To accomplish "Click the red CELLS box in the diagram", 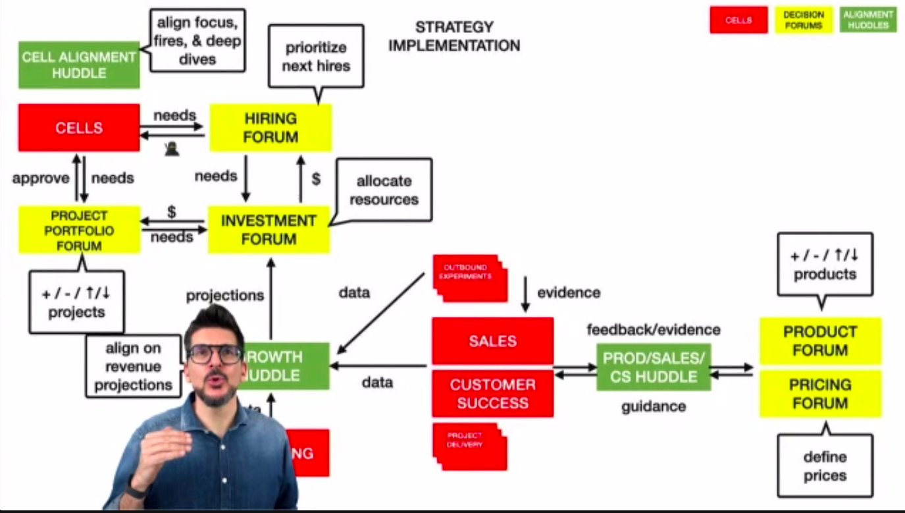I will click(79, 127).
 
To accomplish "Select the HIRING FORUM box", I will click(271, 127).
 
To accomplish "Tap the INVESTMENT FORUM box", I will click(269, 229).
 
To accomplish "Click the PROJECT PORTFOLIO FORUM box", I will click(79, 230).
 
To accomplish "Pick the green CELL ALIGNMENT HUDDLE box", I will click(79, 65).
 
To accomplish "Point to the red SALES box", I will click(492, 340).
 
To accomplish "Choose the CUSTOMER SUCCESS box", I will click(492, 393).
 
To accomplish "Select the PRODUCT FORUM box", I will click(820, 340).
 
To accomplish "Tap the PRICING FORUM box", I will click(820, 393).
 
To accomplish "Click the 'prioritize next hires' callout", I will click(317, 56).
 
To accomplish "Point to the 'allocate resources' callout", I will click(384, 190).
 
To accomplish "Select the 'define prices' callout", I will click(825, 466).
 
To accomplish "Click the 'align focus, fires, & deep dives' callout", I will click(197, 40).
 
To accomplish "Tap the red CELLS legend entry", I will click(738, 20).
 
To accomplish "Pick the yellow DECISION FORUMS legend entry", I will click(804, 20).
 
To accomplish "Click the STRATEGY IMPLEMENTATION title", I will click(453, 36).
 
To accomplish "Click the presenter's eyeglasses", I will click(215, 354).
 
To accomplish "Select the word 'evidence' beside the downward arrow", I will click(569, 292).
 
